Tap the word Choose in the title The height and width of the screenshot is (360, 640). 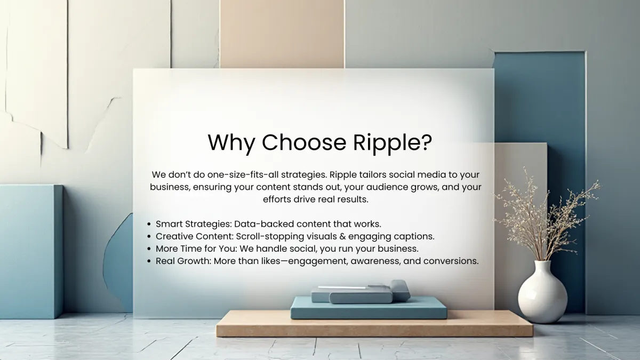304,142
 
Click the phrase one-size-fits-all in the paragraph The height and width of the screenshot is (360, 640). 243,174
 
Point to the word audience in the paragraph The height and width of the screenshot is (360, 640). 386,187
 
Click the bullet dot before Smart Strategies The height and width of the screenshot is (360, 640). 149,225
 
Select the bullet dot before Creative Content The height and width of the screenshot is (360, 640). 149,237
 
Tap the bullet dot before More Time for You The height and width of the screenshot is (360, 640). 149,249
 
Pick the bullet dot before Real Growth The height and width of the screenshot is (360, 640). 149,261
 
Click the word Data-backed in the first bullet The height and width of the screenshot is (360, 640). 264,224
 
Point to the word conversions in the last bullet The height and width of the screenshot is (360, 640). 451,261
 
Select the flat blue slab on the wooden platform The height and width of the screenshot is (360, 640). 369,308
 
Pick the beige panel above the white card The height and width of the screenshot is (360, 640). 282,34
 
